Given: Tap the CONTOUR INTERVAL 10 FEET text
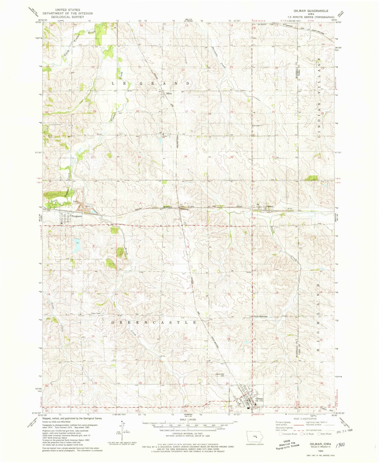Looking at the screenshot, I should click(188, 434).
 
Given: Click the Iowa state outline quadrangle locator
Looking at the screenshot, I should click(253, 437).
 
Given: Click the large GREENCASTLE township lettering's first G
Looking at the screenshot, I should click(114, 322).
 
